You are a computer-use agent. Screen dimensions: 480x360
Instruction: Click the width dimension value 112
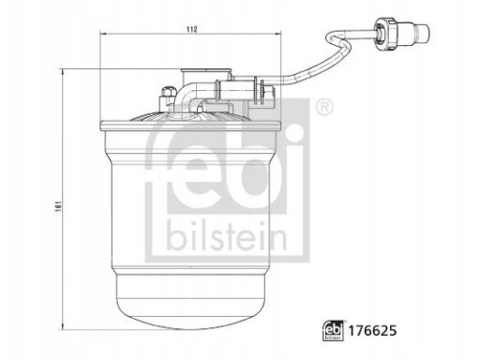click(x=191, y=29)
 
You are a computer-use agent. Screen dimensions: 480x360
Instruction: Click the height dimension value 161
click(x=57, y=206)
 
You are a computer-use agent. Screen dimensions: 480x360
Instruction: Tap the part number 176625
click(x=372, y=330)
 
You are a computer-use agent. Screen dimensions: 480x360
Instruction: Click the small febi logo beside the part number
click(x=333, y=330)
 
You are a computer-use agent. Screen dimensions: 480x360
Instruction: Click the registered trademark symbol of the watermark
click(x=324, y=108)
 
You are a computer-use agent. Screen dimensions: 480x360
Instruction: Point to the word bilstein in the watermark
click(x=227, y=236)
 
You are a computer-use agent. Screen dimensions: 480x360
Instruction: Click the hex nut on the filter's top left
click(x=167, y=91)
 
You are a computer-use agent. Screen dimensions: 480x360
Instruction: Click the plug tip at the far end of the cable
click(x=422, y=33)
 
